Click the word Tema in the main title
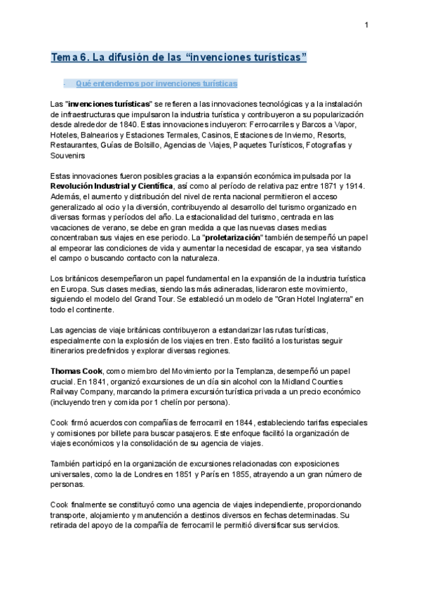65,56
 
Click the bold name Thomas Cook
76,370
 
